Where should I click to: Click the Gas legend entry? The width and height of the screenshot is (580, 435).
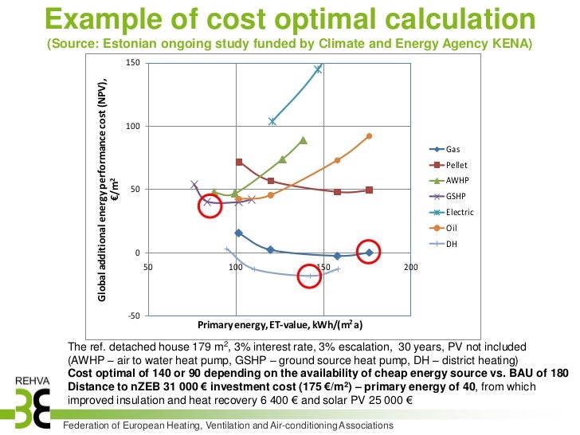point(445,149)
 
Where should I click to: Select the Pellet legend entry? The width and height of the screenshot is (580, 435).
point(448,165)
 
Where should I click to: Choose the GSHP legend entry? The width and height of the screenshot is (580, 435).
point(447,196)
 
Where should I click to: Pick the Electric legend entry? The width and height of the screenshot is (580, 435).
point(451,212)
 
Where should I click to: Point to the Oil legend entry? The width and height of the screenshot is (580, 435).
point(443,228)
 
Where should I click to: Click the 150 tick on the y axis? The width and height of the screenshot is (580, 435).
point(133,62)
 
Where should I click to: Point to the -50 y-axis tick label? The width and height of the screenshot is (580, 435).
point(134,315)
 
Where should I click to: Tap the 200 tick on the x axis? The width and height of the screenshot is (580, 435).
point(410,267)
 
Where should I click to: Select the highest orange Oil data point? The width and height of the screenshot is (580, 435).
point(369,136)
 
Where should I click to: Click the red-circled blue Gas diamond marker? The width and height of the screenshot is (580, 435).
point(369,253)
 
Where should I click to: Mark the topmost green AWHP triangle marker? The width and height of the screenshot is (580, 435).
point(304,140)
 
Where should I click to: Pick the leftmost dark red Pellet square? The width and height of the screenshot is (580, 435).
point(239,162)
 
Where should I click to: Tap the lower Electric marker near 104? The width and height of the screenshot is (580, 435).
point(272,121)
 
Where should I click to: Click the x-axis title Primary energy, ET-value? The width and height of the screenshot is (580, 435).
point(280,325)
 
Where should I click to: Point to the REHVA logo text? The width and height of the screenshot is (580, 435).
point(33,381)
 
